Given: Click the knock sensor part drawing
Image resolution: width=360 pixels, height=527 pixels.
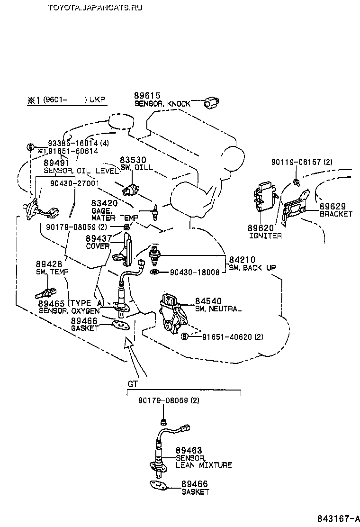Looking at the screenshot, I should point(211,102).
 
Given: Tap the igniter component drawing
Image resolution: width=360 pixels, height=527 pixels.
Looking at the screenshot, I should point(264,199).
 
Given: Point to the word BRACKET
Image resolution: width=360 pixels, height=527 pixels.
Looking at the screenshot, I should point(336,214).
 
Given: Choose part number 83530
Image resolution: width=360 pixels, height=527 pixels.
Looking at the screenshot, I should point(133,160).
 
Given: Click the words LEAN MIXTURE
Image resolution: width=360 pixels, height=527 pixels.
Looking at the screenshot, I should point(204,465).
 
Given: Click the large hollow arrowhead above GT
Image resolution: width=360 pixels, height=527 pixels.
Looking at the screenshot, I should point(128,345).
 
